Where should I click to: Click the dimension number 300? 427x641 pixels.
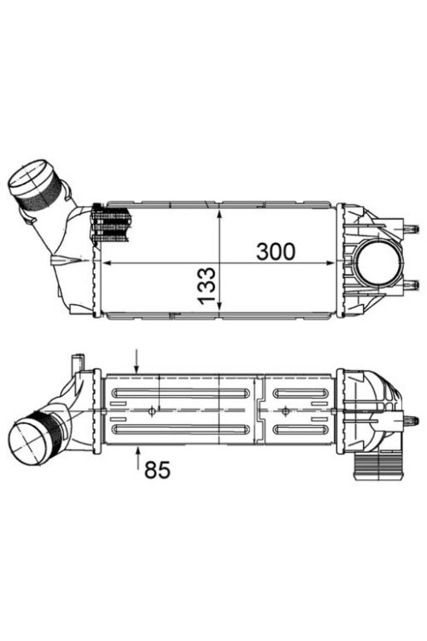tap(275, 251)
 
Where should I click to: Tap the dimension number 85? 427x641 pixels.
tap(158, 469)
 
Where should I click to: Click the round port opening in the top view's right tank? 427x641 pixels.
tap(378, 262)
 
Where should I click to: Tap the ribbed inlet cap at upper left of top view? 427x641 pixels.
tap(33, 183)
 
